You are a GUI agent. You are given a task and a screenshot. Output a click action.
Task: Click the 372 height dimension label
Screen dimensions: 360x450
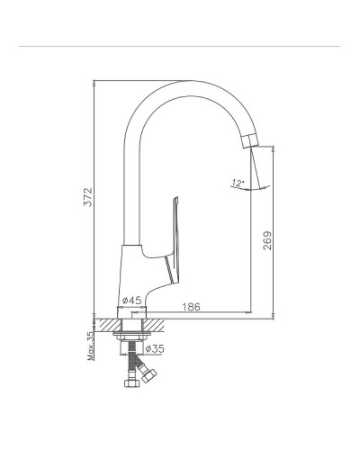[87, 197]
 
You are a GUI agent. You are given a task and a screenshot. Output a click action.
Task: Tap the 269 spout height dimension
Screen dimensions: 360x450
[267, 240]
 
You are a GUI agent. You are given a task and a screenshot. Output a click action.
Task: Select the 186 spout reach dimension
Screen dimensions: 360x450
[191, 307]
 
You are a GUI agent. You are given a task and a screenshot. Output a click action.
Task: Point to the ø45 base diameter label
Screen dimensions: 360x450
[131, 300]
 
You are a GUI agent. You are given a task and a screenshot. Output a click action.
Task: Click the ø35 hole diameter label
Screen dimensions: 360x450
[155, 348]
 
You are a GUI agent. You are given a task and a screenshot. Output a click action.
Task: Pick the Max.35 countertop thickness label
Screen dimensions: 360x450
[91, 346]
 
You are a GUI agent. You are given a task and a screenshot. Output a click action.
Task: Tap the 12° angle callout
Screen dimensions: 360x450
[238, 183]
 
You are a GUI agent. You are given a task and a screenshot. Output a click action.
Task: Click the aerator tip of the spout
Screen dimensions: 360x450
[250, 141]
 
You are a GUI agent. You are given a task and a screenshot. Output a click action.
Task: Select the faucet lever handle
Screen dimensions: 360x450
[172, 240]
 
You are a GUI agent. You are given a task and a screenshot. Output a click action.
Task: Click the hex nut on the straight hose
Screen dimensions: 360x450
[131, 382]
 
